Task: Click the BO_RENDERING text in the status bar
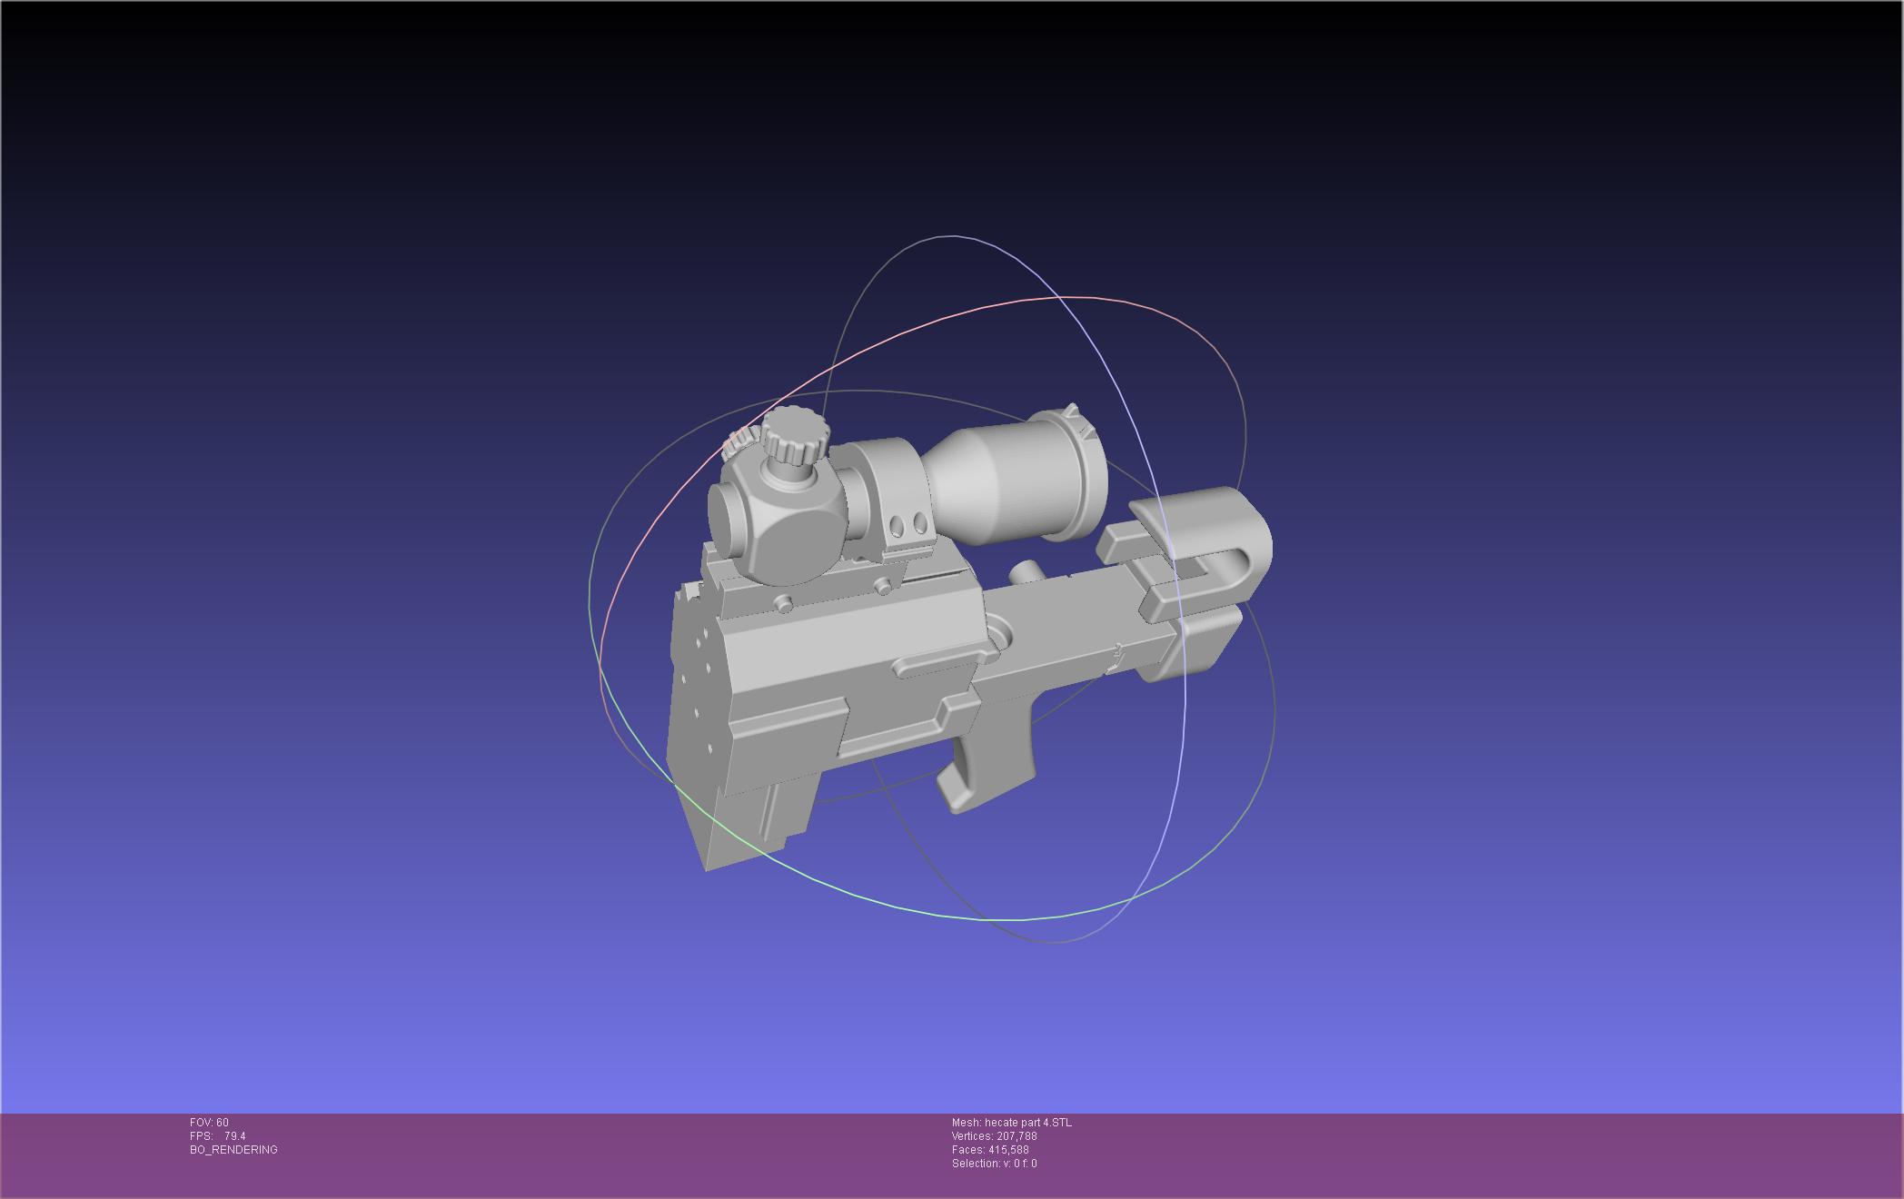pos(233,1150)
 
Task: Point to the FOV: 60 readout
pos(209,1123)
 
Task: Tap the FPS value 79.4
pos(235,1136)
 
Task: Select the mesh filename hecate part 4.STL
pos(1028,1123)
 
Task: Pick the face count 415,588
pos(1010,1150)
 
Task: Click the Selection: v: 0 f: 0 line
pos(995,1164)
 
